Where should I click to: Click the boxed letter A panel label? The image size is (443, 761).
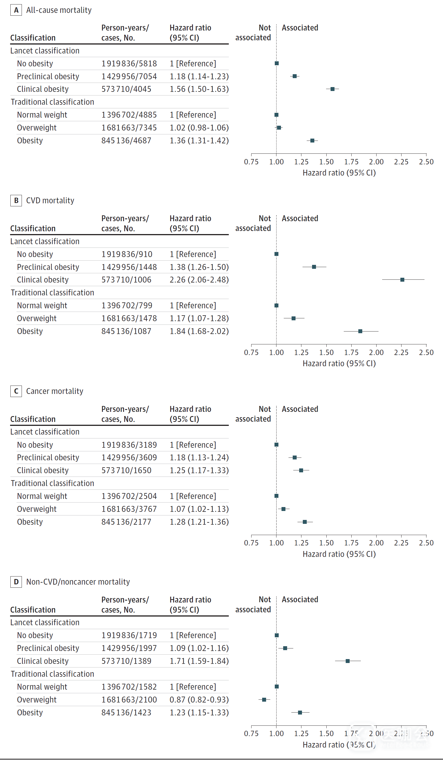(16, 10)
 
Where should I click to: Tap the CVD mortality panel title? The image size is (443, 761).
(50, 200)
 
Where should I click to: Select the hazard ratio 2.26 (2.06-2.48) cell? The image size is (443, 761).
(199, 280)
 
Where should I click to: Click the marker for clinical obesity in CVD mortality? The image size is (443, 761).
(402, 280)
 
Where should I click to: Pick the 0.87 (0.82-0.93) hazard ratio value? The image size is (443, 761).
(199, 699)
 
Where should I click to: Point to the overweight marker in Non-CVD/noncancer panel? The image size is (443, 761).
(264, 699)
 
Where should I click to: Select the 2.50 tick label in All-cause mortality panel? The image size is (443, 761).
(426, 162)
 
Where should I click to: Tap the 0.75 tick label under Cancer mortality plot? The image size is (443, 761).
(251, 543)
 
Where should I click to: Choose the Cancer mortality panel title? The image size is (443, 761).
(54, 391)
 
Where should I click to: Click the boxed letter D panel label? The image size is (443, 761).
(16, 582)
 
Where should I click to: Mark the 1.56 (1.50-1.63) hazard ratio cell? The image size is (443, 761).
(199, 89)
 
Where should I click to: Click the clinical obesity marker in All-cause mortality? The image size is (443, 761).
(332, 89)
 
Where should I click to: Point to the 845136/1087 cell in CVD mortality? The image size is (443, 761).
(126, 331)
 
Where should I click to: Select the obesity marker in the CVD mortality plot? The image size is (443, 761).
(360, 331)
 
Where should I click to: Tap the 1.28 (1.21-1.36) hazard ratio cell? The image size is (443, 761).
(199, 522)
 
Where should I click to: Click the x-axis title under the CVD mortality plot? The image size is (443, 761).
(339, 364)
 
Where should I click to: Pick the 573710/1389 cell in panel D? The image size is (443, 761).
(126, 661)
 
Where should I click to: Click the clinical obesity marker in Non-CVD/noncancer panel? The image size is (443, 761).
(347, 661)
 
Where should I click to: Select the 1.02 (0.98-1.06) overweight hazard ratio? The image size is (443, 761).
(199, 128)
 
